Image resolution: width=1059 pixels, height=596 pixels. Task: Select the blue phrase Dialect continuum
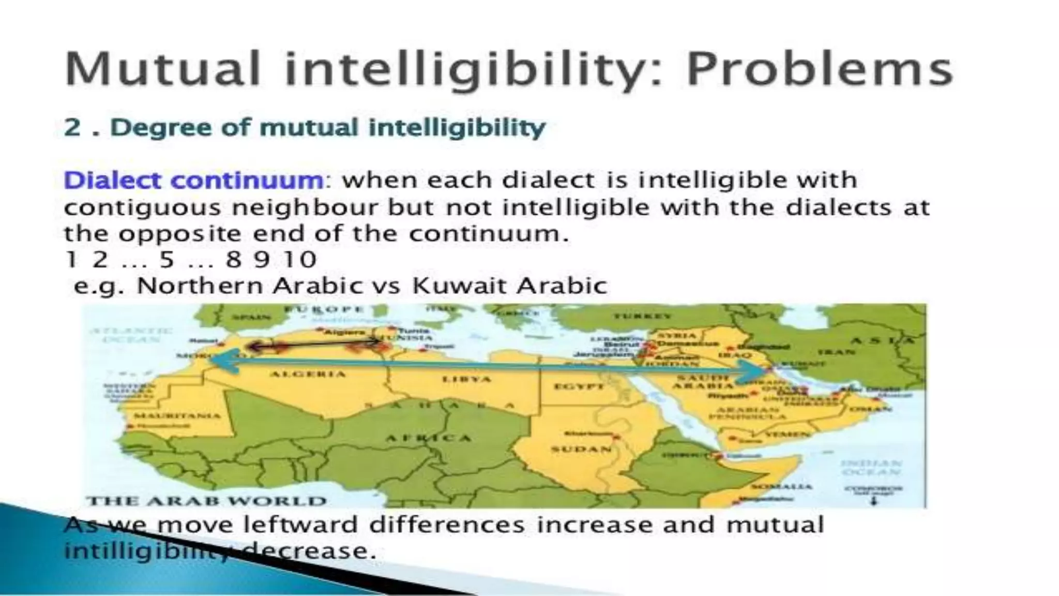coord(193,181)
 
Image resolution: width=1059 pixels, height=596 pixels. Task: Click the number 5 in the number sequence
coord(167,259)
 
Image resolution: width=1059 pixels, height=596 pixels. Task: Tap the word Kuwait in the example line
coord(456,286)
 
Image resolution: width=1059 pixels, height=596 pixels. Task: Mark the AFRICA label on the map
coord(429,438)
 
